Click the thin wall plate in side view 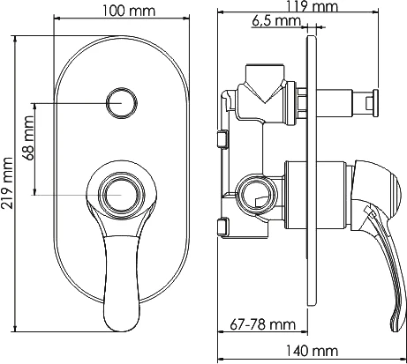point(309,176)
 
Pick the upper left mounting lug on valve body point(222,137)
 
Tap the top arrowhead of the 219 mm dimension point(20,35)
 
